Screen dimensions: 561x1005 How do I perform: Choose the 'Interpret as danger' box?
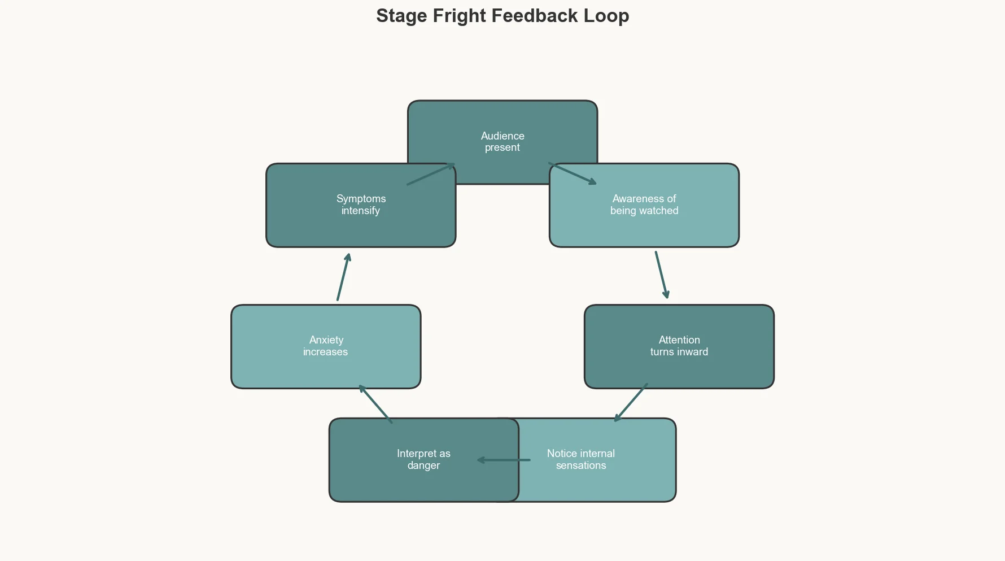click(x=407, y=480)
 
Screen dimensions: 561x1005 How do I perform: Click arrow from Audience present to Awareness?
click(x=573, y=173)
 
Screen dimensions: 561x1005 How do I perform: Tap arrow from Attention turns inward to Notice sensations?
click(x=631, y=402)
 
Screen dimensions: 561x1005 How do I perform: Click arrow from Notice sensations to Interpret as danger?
click(x=504, y=460)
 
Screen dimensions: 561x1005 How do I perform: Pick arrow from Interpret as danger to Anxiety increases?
click(x=375, y=404)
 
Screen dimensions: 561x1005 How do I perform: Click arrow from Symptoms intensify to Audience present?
click(x=431, y=174)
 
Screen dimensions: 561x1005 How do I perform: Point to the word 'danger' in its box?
click(x=423, y=466)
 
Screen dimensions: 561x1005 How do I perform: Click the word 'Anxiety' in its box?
click(x=326, y=340)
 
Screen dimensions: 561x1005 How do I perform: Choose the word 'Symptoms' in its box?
click(x=361, y=199)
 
